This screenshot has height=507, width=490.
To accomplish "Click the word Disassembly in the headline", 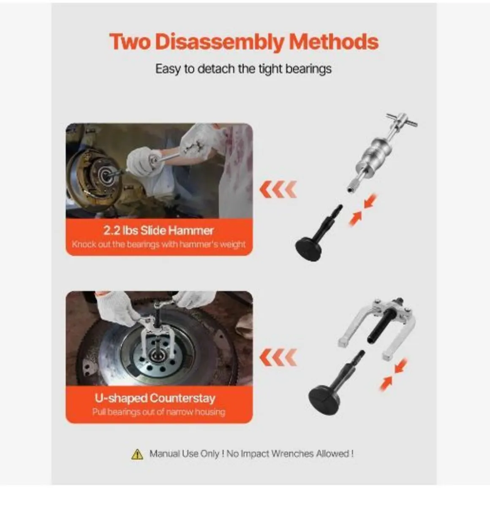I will [219, 42].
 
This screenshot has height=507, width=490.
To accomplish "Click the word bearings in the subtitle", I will [308, 69].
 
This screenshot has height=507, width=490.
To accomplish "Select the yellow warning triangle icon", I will [137, 454].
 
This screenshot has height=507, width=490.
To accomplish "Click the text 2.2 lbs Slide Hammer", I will [159, 230].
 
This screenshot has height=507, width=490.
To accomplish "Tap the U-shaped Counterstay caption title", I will [155, 398].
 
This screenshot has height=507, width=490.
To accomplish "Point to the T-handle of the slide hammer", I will [402, 121].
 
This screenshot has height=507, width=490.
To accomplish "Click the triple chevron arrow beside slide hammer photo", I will [278, 189].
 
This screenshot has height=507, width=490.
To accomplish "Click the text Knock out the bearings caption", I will [159, 244].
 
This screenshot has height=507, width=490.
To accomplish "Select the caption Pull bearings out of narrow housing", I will [159, 412].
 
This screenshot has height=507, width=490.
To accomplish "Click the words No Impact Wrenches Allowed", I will [290, 454].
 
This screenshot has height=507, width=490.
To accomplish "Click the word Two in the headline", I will [130, 42].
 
